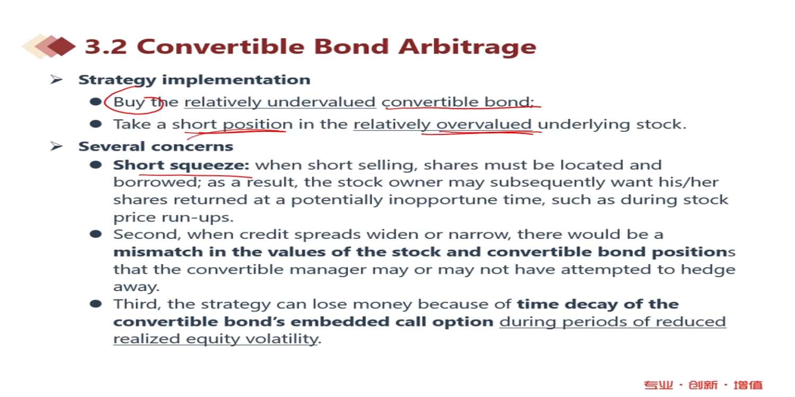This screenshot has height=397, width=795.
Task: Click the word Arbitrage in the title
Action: coord(467,47)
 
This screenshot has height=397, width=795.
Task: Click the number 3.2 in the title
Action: coord(106,47)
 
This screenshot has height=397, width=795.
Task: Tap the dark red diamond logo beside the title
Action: coord(61,46)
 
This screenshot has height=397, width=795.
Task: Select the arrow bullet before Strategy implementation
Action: coord(56,79)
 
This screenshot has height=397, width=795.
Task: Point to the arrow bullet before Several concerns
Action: coord(56,146)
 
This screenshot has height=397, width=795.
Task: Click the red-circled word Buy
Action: coord(129,103)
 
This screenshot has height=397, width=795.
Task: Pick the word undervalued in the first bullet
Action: coord(321,102)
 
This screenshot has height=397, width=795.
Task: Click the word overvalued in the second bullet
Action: coord(484,124)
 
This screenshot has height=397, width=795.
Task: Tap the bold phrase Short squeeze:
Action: coord(181,165)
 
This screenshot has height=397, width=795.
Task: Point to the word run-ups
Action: coord(197,217)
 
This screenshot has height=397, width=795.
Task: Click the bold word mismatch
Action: coord(158,251)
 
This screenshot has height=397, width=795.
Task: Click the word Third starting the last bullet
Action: coord(137,304)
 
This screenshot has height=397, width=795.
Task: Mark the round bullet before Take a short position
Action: coord(96,124)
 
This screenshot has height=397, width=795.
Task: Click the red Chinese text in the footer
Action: coord(703,385)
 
